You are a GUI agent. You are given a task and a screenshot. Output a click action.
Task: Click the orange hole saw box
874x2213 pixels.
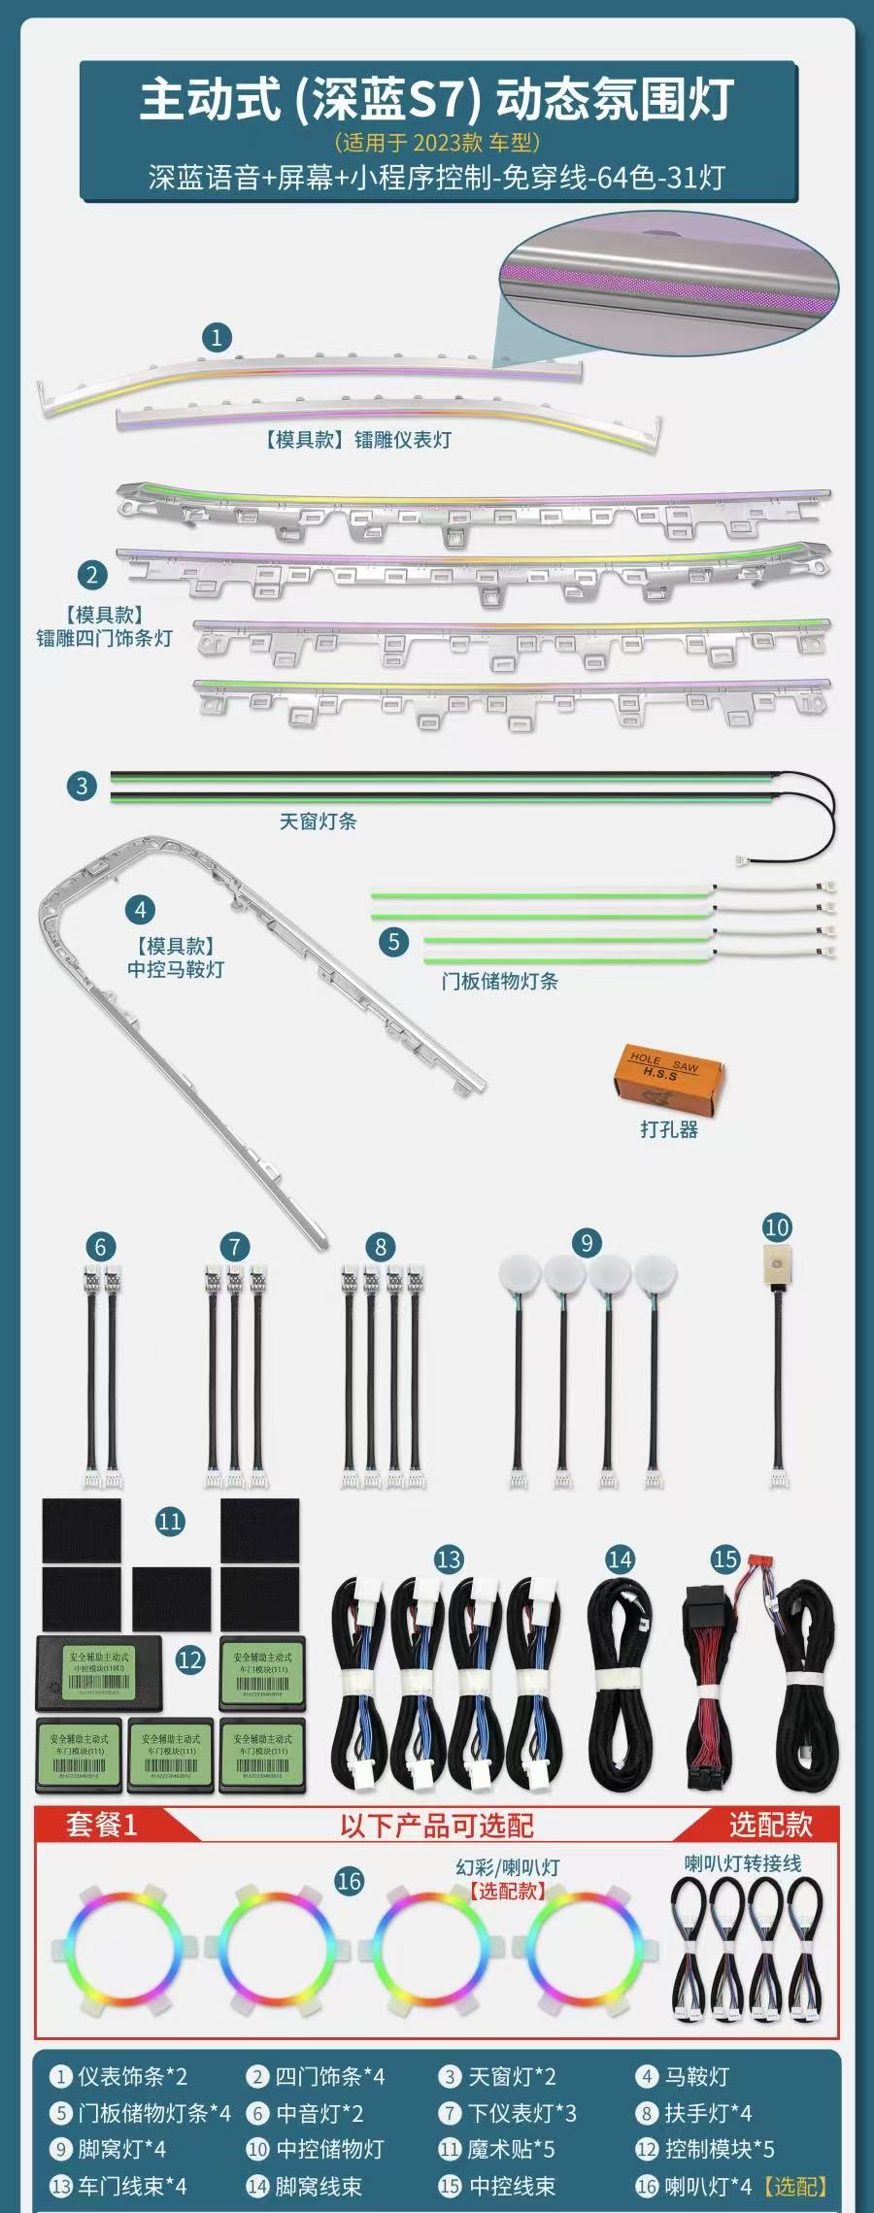[x=670, y=1075]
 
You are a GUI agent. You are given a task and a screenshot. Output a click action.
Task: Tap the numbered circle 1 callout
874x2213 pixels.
[x=217, y=338]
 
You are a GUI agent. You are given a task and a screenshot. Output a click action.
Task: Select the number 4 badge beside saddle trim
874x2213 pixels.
[x=141, y=910]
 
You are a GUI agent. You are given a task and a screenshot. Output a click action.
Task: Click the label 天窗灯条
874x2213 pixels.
[x=318, y=821]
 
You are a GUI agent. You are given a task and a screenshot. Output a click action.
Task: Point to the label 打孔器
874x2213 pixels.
[x=669, y=1129]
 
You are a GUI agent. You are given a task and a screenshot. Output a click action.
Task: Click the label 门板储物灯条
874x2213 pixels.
[x=499, y=981]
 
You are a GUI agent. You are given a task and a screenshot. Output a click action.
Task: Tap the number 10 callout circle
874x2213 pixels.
[x=777, y=1227]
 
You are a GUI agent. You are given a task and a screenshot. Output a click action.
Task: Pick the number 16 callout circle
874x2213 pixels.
[x=349, y=1882]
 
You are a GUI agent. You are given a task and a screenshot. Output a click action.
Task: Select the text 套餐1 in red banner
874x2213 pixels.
[x=101, y=1825]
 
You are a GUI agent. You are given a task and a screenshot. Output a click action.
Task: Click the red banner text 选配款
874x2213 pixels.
[x=770, y=1825]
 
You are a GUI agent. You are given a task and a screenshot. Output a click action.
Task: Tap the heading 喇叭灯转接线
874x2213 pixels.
[x=743, y=1863]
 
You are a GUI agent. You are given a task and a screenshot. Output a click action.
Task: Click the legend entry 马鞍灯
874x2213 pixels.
[x=696, y=2077]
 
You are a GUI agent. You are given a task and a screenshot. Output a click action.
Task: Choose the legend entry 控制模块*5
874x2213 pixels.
[x=719, y=2149]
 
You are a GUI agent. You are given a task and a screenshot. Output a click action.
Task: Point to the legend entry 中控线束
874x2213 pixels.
[x=512, y=2186]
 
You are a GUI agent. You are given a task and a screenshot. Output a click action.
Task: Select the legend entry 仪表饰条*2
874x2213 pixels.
[x=132, y=2077]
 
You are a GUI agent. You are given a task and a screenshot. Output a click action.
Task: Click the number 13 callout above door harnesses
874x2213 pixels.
[x=449, y=1560]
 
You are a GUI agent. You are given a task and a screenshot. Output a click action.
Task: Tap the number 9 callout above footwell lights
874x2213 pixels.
[x=587, y=1243]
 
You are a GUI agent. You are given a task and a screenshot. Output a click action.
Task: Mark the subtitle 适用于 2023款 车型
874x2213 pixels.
[x=437, y=143]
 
